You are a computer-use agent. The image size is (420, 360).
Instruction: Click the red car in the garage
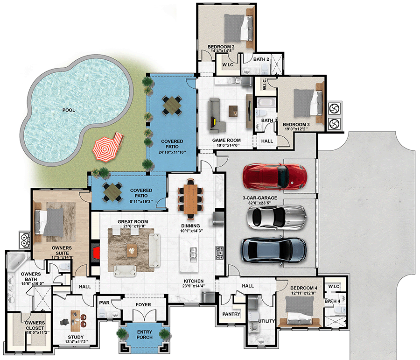coord(275,176)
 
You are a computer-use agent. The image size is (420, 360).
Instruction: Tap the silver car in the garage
coord(277,217)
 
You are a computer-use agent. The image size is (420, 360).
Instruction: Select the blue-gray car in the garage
coord(274,250)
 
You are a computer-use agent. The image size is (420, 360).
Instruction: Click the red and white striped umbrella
coord(105,149)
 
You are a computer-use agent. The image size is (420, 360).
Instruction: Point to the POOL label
coord(69,110)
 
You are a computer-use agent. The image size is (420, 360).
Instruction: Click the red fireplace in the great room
coord(96,253)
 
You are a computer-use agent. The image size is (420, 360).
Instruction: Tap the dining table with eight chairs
coord(190,198)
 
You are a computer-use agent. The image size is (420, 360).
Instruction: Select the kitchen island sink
coord(193,254)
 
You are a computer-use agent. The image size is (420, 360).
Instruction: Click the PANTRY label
coord(231,314)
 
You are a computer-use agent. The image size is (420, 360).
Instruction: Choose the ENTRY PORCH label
coord(144,334)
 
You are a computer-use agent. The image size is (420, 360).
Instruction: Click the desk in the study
coord(75,321)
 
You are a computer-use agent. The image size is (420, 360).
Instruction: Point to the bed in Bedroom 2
coord(238,28)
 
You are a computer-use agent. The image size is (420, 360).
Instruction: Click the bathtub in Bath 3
coord(266,102)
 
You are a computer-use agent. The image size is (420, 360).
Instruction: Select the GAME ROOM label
coord(226,140)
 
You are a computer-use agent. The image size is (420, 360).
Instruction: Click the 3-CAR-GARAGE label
coord(260,198)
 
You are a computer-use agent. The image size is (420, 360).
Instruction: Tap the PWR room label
coord(104,303)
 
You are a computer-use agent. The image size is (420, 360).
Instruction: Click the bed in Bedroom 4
coord(300,311)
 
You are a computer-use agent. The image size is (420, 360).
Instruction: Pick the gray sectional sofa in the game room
coord(216,115)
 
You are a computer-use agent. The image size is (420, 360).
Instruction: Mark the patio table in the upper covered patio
coord(172,106)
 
